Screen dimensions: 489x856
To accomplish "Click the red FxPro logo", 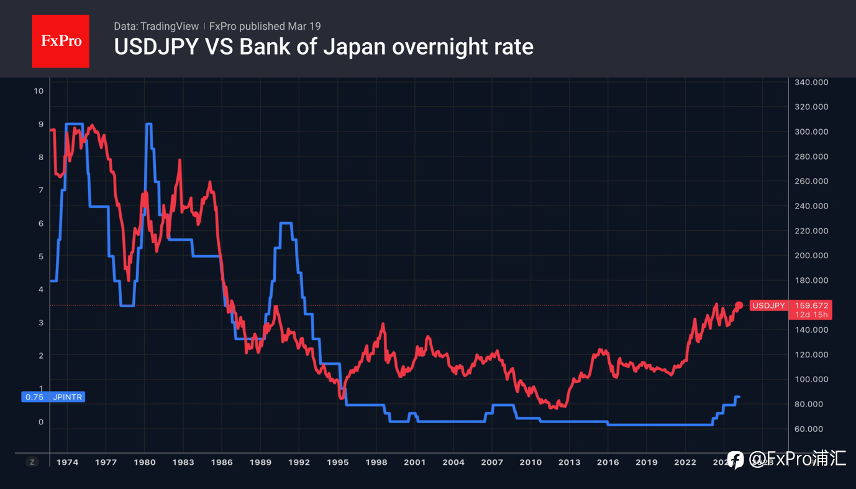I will point(60,41).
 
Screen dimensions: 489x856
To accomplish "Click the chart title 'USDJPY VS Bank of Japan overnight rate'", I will point(323,47).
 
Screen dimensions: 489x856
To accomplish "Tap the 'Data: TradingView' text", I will point(156,26).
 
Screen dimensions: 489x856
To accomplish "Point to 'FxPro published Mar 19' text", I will point(265,26).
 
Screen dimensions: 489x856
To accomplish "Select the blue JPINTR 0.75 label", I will point(53,397).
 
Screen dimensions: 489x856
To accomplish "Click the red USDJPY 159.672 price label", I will point(790,305).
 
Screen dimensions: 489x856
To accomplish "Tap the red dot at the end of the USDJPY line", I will point(739,305).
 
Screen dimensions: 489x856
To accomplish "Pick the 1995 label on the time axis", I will point(338,462).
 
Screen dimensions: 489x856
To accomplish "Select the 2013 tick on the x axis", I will point(569,462).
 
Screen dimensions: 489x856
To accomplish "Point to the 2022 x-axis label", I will point(685,462).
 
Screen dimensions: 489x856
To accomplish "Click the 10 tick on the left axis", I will point(39,91).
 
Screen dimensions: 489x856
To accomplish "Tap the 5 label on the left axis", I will point(41,256).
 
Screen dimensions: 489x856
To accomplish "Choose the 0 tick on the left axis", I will point(41,422).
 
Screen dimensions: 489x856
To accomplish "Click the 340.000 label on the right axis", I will point(812,82).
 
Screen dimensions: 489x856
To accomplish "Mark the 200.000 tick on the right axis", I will point(812,256).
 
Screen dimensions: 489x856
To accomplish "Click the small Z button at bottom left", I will point(32,462).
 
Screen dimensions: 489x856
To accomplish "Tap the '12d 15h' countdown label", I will point(813,315).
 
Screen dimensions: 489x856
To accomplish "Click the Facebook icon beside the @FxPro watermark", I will point(735,459).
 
